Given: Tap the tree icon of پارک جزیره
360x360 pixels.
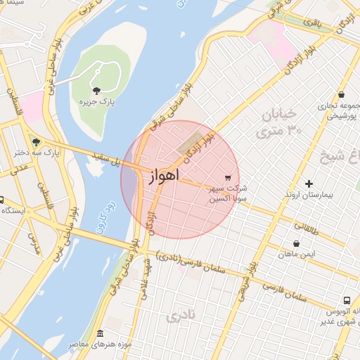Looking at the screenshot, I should [96, 90].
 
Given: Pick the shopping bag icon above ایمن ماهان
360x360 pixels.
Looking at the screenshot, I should [296, 245].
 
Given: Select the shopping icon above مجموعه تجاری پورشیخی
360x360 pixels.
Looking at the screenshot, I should [342, 95].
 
